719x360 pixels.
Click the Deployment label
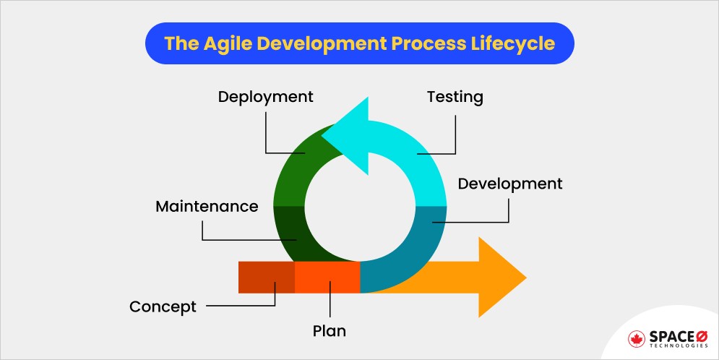coord(266,97)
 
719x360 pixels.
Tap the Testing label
coord(455,97)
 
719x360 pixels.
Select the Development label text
coord(509,184)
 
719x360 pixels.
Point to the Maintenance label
coord(207,207)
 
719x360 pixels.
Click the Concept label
coord(163,307)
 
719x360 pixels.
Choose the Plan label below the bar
coord(329,332)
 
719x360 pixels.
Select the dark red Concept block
coord(266,277)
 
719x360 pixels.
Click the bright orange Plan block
coord(327,277)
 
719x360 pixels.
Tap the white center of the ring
coord(359,204)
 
